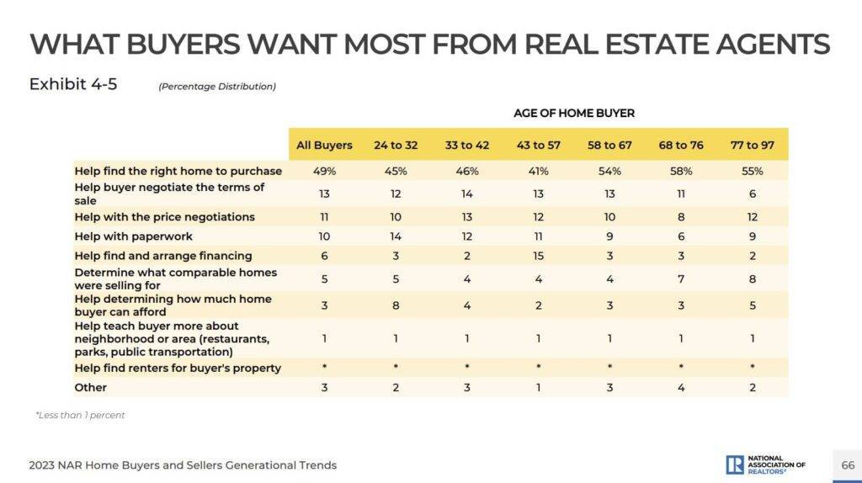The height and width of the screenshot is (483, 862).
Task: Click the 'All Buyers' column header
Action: coord(324,145)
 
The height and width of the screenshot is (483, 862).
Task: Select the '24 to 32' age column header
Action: coord(396,145)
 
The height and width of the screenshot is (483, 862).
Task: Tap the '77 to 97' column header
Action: coord(752,145)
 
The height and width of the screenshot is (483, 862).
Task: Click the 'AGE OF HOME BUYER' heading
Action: coord(574,113)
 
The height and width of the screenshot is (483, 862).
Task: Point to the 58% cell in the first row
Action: coord(680,171)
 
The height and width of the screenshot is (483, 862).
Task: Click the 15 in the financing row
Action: coord(538,255)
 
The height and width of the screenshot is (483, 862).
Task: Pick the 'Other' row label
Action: coord(91,387)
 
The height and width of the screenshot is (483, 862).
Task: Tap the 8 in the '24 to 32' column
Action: coord(396,305)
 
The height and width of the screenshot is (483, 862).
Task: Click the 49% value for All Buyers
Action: coord(324,171)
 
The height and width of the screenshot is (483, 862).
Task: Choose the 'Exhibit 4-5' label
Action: coord(72,84)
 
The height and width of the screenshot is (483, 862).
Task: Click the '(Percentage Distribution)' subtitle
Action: coord(217,86)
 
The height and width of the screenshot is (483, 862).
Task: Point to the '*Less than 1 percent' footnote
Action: coord(80,415)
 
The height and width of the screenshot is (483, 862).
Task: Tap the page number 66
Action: coord(847,465)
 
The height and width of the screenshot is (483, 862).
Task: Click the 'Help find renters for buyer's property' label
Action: coord(178,368)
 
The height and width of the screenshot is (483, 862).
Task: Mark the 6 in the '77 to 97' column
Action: coord(752,194)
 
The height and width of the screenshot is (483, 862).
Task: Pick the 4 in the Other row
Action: coord(680,387)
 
